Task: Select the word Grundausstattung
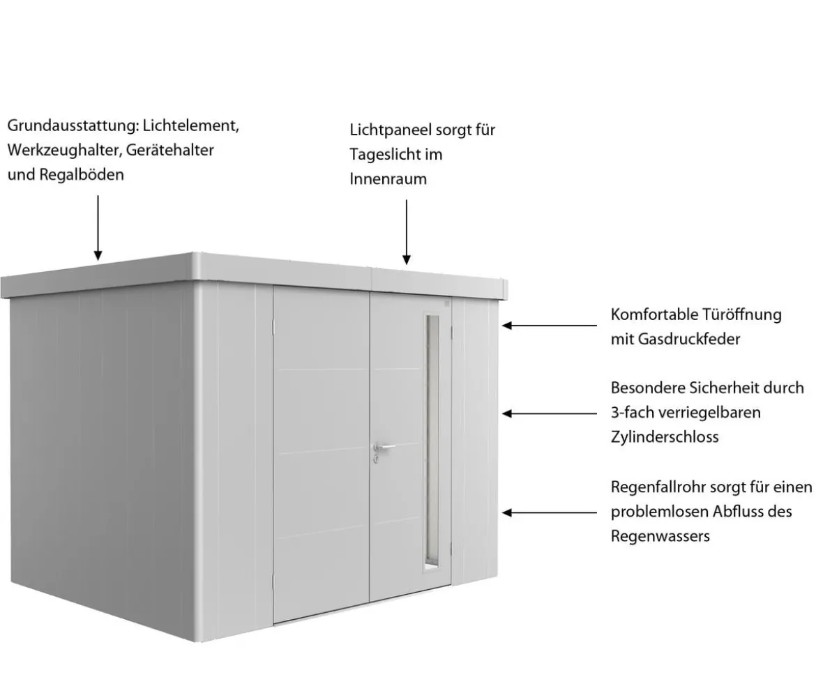73,126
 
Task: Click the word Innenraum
388,179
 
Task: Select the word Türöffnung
742,314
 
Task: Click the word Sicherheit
747,388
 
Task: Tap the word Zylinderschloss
665,437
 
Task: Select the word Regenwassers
660,536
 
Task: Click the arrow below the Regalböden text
98,228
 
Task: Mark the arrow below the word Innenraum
407,232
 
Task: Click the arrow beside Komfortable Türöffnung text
550,326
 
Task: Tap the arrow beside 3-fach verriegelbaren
550,414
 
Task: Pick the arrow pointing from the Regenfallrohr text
550,512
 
